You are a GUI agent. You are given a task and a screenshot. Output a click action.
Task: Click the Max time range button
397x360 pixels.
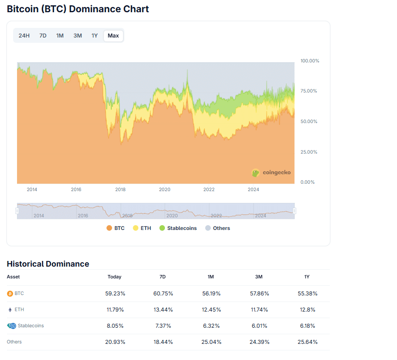click(x=113, y=36)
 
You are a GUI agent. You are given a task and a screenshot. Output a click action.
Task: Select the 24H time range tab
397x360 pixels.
click(x=24, y=36)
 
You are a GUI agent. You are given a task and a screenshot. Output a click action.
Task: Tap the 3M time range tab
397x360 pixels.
click(x=78, y=36)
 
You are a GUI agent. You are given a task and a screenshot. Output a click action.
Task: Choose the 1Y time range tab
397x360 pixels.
click(x=95, y=36)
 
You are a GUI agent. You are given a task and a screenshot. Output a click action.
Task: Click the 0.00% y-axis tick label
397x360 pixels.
click(x=308, y=182)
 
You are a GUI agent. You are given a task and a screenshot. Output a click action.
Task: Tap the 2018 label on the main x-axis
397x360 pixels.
click(x=120, y=189)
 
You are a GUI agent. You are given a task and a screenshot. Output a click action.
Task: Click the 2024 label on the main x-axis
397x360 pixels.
click(x=253, y=189)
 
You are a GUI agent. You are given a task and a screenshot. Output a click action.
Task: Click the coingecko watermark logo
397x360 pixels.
click(x=271, y=173)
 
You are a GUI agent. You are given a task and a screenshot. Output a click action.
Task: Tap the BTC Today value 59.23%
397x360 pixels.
click(x=114, y=294)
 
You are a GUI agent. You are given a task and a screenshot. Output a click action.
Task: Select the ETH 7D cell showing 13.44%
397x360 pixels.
click(x=163, y=310)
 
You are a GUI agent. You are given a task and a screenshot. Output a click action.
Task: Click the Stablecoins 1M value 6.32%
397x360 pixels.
click(x=211, y=326)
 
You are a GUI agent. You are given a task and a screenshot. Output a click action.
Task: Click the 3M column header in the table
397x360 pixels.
click(x=259, y=277)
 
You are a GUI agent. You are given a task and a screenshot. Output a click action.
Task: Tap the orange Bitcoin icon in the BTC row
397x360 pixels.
click(x=10, y=294)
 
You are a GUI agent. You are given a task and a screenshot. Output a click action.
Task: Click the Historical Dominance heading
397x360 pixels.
click(x=48, y=264)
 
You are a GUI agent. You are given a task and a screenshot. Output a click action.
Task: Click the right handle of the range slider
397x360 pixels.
click(x=294, y=211)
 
